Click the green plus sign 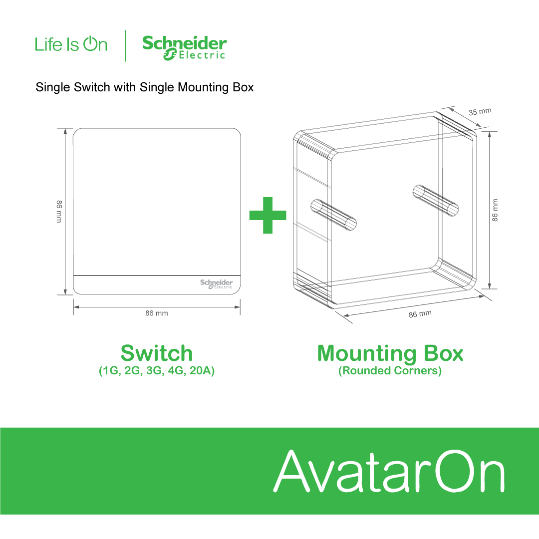[x=268, y=215]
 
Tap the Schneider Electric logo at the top [x=184, y=47]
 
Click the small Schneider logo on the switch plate [x=217, y=283]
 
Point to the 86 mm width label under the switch [x=157, y=313]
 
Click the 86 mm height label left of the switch [x=59, y=211]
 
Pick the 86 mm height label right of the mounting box [x=495, y=210]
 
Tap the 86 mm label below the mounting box [x=420, y=314]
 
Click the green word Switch [x=157, y=353]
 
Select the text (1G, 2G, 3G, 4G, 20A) [x=157, y=371]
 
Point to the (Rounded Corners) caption [x=390, y=371]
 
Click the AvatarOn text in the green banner [x=389, y=471]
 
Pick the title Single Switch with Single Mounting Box [x=145, y=87]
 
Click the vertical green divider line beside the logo [x=125, y=46]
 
